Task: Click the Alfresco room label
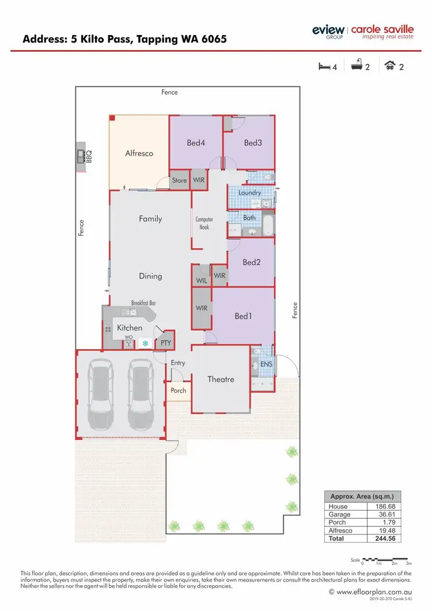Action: click(139, 154)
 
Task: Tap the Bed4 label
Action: click(196, 143)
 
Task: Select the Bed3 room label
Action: click(253, 143)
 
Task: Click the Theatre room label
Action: click(221, 379)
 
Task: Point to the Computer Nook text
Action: click(204, 223)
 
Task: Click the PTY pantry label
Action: click(166, 343)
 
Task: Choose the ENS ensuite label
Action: click(266, 365)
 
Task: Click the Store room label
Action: click(179, 180)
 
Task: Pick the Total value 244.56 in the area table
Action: click(383, 538)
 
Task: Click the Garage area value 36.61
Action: click(383, 514)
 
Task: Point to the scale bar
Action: click(385, 559)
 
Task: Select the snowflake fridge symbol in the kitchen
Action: click(145, 343)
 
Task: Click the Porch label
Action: click(179, 390)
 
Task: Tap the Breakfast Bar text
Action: click(143, 303)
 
